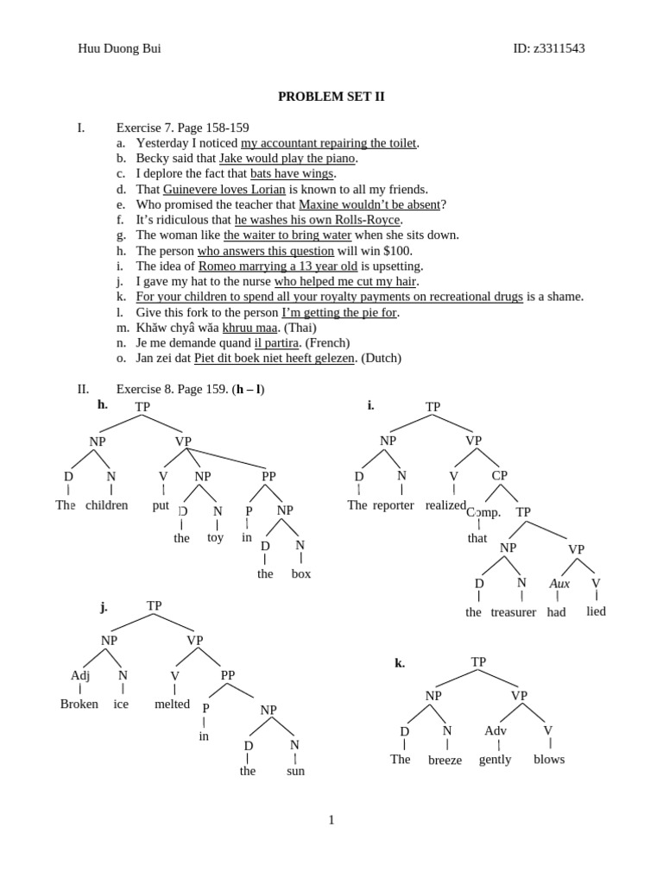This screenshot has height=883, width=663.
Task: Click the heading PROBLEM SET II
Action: coord(331,97)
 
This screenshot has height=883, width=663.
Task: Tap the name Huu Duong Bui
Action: coord(119,48)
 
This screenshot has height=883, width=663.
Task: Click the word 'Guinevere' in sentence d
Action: coord(193,189)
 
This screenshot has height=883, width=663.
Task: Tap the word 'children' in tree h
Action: coord(107,505)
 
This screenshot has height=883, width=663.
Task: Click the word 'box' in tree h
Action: coord(301,573)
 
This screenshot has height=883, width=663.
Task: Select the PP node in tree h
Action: coord(268,475)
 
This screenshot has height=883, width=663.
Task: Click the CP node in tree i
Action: coord(500,475)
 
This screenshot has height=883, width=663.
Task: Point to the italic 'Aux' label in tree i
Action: coord(559,584)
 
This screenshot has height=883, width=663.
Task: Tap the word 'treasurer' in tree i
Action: coord(514,612)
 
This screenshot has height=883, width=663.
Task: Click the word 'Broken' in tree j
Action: coord(79,704)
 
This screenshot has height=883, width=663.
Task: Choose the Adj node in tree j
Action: coord(80,675)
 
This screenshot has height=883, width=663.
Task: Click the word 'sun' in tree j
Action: coord(295,771)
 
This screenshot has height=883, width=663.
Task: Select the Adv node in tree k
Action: coord(496,731)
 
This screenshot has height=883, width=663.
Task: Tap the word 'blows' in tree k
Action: coord(549,759)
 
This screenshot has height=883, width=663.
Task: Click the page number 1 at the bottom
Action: coord(331,820)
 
